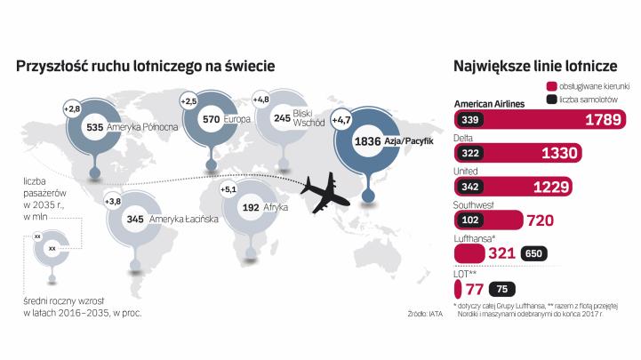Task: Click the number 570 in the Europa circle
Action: (x=211, y=118)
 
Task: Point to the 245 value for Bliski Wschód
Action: (x=283, y=117)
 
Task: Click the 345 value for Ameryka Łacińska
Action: (x=136, y=218)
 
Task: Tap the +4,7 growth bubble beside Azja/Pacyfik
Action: (x=342, y=118)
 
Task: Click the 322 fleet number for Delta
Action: (x=472, y=153)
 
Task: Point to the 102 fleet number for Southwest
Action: (x=472, y=219)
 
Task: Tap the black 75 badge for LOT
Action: (x=502, y=287)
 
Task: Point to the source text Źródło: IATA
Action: (x=426, y=313)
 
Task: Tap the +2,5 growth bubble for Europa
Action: (x=188, y=101)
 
